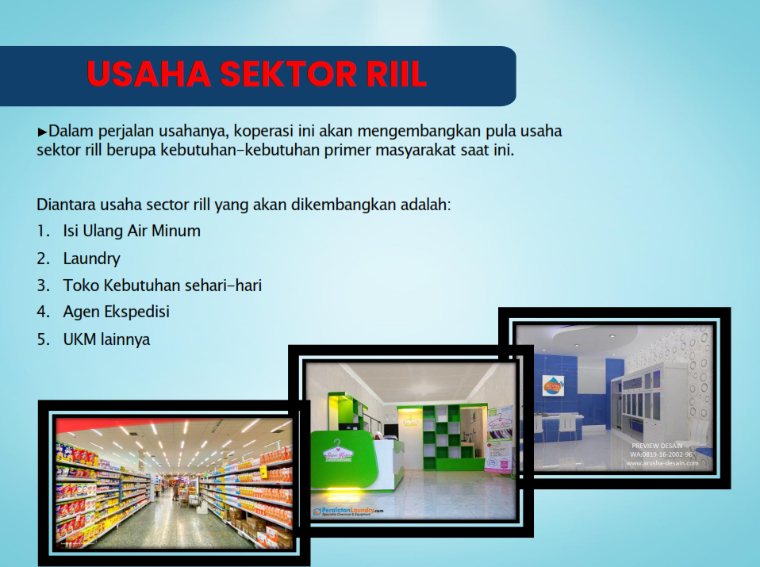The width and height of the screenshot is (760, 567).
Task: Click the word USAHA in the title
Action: point(148,75)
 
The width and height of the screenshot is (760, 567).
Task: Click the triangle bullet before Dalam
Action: point(42,132)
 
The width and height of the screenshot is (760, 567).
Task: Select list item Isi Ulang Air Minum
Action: point(132,231)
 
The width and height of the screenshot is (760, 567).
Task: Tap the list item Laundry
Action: point(92,258)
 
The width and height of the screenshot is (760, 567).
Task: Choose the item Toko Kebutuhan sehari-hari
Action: point(163,285)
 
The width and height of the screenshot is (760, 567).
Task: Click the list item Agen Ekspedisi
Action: point(117,312)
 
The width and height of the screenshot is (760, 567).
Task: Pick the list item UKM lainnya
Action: point(106,339)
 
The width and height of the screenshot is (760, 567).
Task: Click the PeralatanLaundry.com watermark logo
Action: point(349,511)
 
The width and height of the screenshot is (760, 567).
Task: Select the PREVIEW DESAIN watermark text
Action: point(656,446)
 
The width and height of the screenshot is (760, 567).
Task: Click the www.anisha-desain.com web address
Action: point(662,463)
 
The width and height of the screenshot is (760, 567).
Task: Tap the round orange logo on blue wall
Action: point(553,386)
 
